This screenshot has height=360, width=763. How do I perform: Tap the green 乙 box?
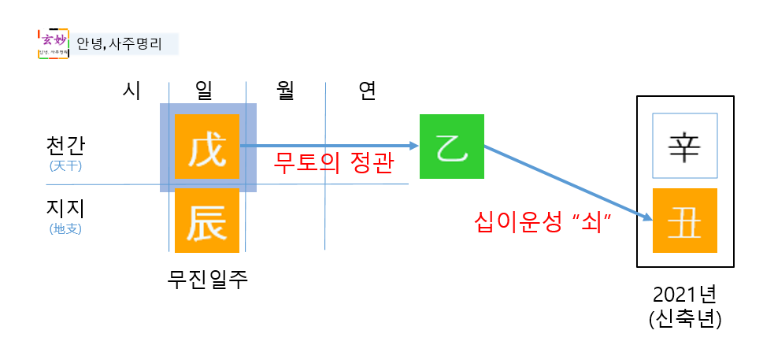click(451, 147)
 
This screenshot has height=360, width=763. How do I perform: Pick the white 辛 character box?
click(684, 146)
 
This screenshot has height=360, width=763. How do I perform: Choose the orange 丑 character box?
click(684, 221)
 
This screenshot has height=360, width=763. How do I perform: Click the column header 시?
click(131, 91)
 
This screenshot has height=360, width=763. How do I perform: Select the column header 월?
click(285, 91)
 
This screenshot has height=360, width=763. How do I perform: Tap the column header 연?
click(366, 91)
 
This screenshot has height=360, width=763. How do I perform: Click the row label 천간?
click(66, 147)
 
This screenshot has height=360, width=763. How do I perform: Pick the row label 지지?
click(66, 209)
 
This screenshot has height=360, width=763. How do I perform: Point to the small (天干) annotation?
click(66, 166)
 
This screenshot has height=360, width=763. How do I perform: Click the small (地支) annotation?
click(66, 229)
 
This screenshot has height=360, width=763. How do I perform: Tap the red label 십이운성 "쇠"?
click(544, 221)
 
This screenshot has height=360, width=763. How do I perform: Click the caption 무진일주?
click(208, 278)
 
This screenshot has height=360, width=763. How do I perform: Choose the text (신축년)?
click(684, 321)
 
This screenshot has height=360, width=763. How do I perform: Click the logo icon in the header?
click(53, 44)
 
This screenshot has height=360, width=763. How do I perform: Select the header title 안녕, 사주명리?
click(120, 43)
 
